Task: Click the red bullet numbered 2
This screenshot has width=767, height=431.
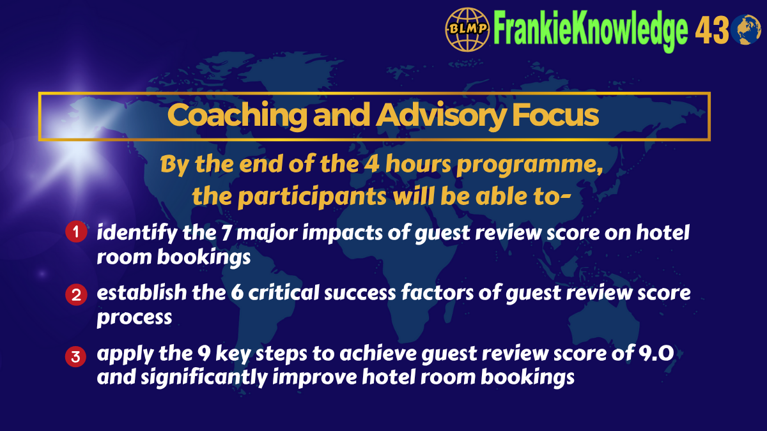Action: click(x=75, y=295)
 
